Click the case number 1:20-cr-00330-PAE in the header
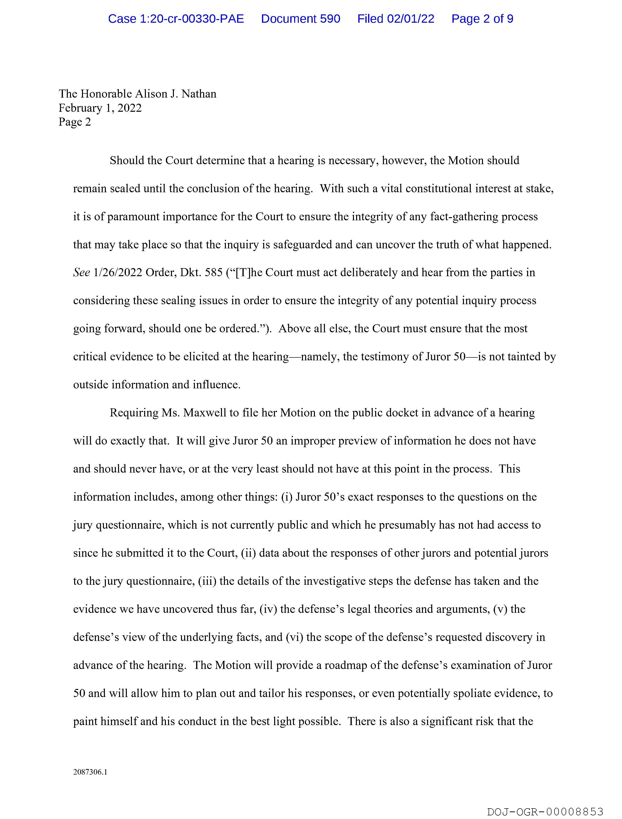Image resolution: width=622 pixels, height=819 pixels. (176, 19)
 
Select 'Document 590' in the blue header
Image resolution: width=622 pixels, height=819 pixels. (300, 19)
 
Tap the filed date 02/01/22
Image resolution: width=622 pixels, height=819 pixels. (411, 19)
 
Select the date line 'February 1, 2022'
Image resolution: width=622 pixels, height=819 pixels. (100, 108)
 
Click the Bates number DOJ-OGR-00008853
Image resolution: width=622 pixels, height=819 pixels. (545, 812)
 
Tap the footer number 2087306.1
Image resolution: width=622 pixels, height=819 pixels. (90, 772)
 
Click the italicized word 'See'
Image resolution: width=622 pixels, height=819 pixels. (81, 273)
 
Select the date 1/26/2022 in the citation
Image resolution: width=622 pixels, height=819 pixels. (118, 273)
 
